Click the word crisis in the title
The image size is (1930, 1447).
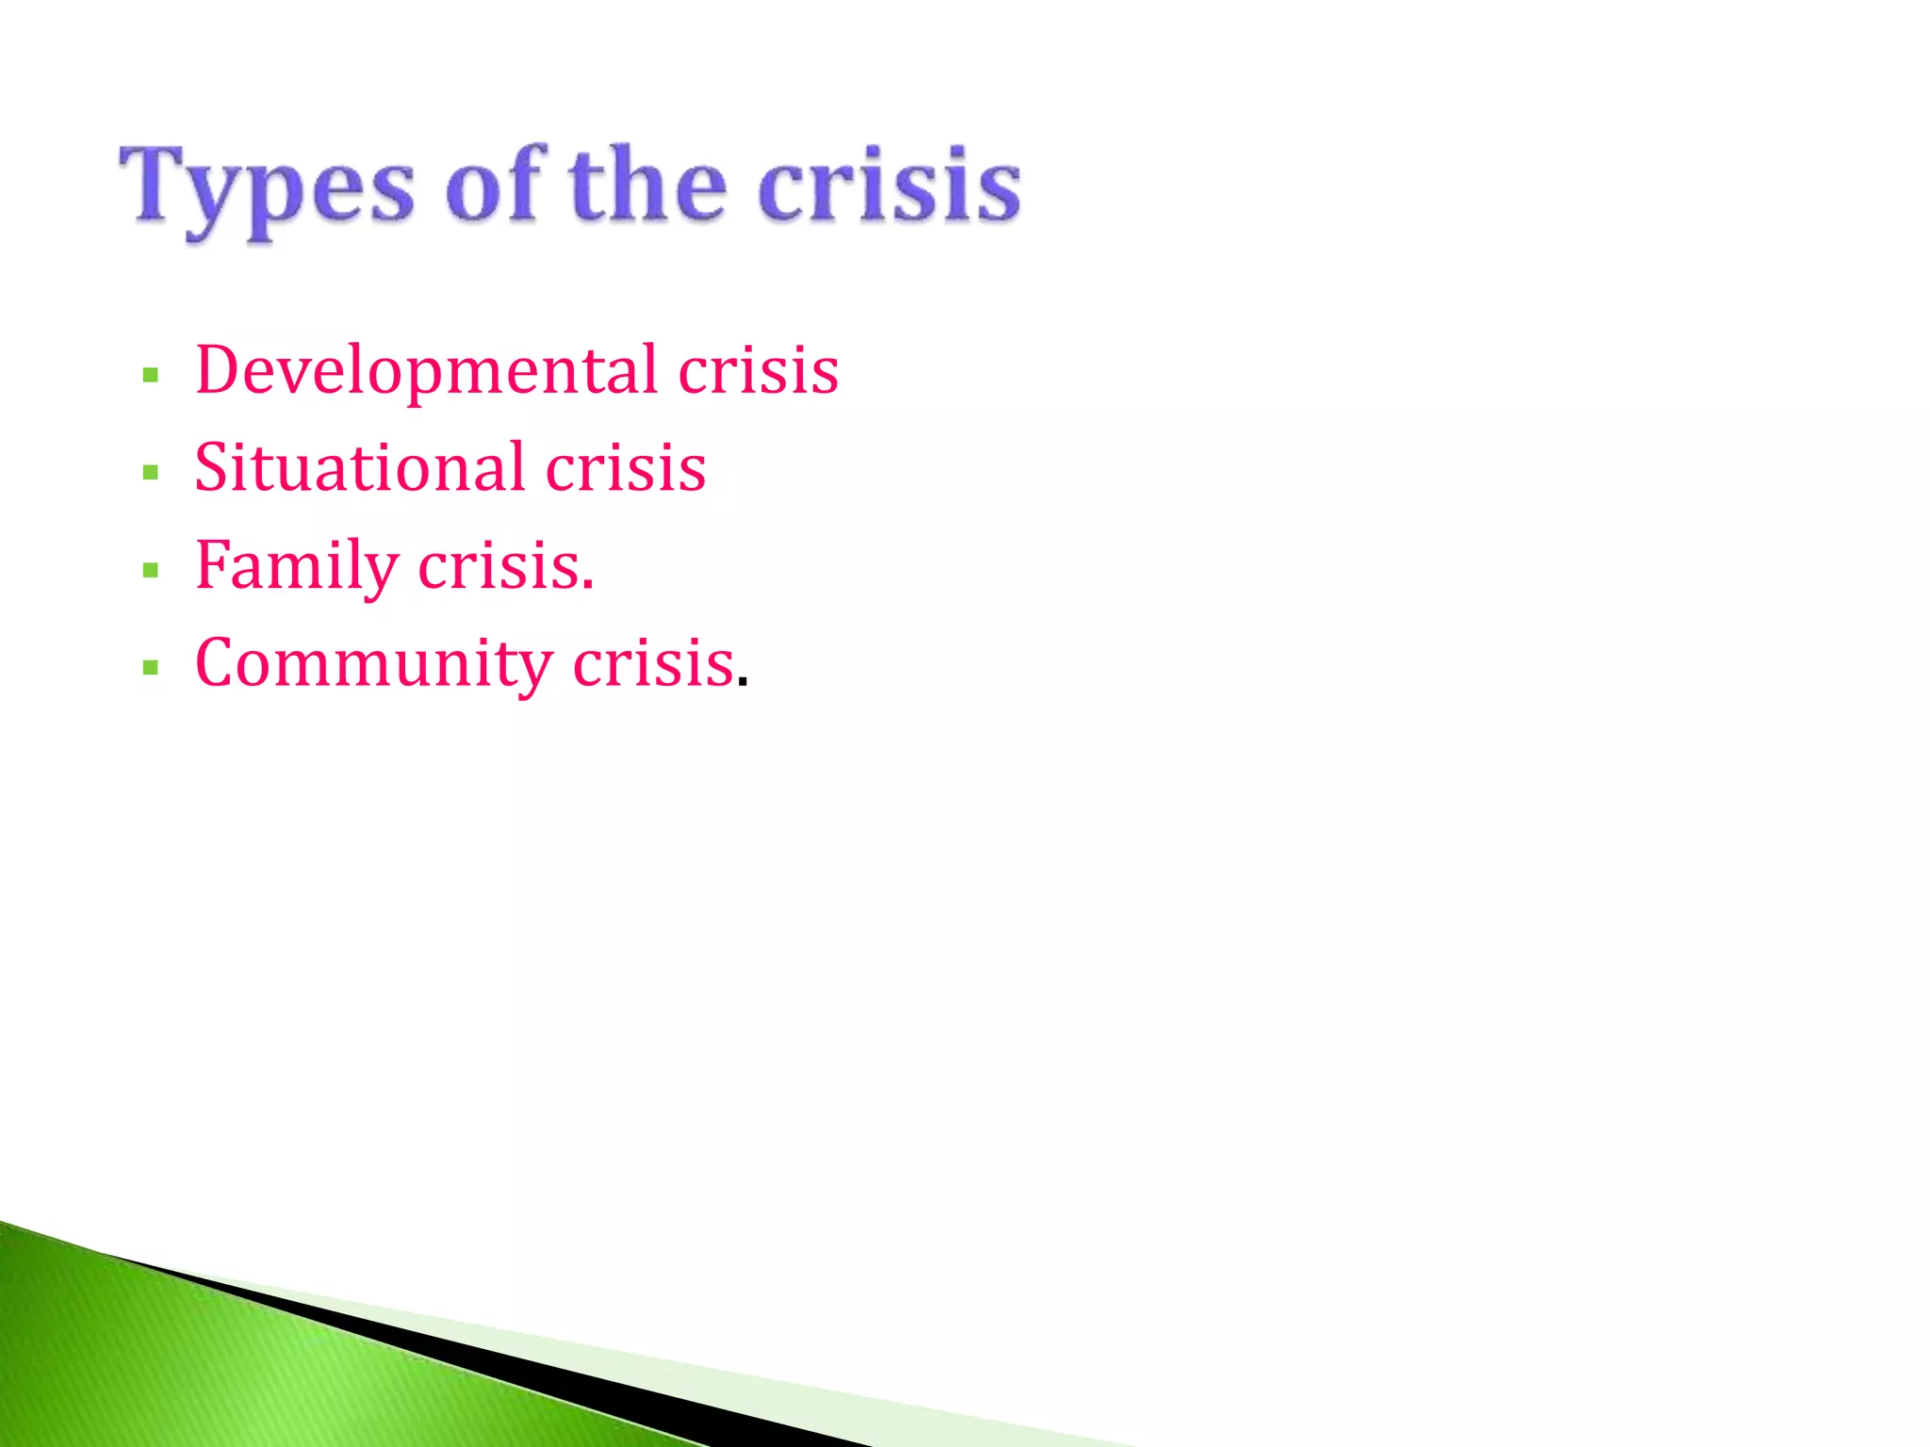[889, 186]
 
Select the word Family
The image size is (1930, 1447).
[297, 567]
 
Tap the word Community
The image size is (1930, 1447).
[373, 664]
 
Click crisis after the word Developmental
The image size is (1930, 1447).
[758, 371]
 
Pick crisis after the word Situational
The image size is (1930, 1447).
[626, 468]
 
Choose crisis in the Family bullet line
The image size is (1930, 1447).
[499, 567]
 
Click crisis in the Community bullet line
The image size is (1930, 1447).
[653, 664]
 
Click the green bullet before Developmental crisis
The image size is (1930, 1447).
[150, 376]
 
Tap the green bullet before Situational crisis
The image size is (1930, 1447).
[150, 472]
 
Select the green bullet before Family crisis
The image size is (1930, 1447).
[150, 570]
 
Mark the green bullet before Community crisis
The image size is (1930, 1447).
[150, 668]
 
